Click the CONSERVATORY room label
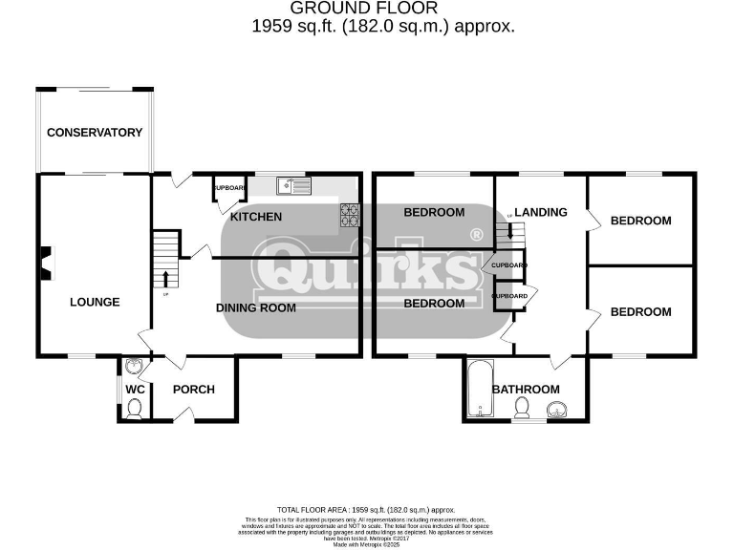tap(95, 133)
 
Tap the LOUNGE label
tap(95, 302)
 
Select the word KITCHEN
tap(256, 217)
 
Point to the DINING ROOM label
tap(255, 307)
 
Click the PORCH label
tap(193, 389)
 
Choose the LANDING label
tap(541, 212)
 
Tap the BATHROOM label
tap(526, 389)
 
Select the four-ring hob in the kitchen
tap(349, 216)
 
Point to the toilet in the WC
tap(135, 409)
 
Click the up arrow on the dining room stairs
tap(166, 278)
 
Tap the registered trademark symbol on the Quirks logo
tap(475, 235)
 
